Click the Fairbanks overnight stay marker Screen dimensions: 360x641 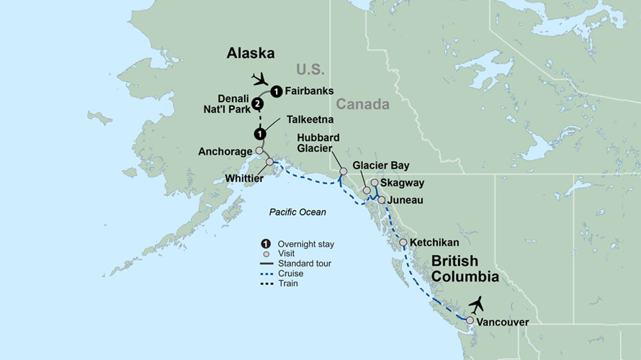(x=275, y=91)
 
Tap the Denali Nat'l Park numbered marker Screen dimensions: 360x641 (x=258, y=105)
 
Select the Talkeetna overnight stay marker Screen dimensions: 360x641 (x=259, y=134)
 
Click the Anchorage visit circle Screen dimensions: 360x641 (x=259, y=151)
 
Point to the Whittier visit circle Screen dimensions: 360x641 (x=270, y=162)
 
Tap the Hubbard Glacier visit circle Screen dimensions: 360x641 (x=344, y=171)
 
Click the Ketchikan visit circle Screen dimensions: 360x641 (x=403, y=243)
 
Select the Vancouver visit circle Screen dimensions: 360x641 (x=470, y=321)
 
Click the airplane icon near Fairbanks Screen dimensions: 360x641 (x=259, y=78)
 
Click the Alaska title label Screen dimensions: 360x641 (x=251, y=53)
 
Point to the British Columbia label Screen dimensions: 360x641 (x=465, y=268)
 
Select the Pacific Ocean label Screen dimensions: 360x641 (x=297, y=212)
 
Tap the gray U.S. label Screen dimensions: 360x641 (x=310, y=69)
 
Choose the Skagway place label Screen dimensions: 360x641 (x=402, y=184)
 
